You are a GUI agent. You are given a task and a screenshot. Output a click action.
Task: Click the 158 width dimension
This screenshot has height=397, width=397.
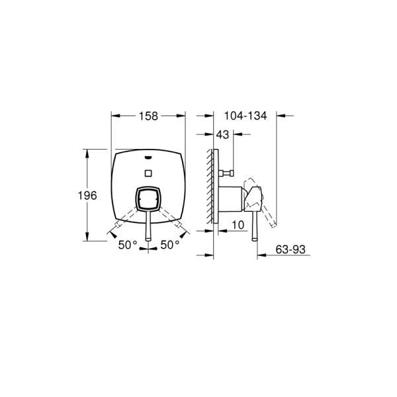click(x=148, y=116)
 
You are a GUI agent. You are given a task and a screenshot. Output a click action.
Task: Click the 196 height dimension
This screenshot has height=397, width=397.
click(x=87, y=195)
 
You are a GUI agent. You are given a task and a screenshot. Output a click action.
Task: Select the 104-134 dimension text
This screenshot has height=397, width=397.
click(x=245, y=116)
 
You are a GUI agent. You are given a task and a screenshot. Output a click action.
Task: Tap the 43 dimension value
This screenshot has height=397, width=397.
click(x=222, y=134)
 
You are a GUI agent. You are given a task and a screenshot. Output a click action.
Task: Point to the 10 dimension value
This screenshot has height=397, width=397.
click(x=238, y=225)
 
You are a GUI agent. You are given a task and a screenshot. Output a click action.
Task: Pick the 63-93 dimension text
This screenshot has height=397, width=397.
click(x=290, y=249)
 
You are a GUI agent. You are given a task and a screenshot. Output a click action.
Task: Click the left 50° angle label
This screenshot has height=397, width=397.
click(x=128, y=245)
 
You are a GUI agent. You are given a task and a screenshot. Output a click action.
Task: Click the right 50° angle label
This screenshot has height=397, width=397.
click(x=170, y=245)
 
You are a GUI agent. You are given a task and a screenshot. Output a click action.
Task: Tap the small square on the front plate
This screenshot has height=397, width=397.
click(x=148, y=173)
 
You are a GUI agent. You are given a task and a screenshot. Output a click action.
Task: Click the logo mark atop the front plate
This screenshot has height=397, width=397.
click(x=148, y=157)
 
